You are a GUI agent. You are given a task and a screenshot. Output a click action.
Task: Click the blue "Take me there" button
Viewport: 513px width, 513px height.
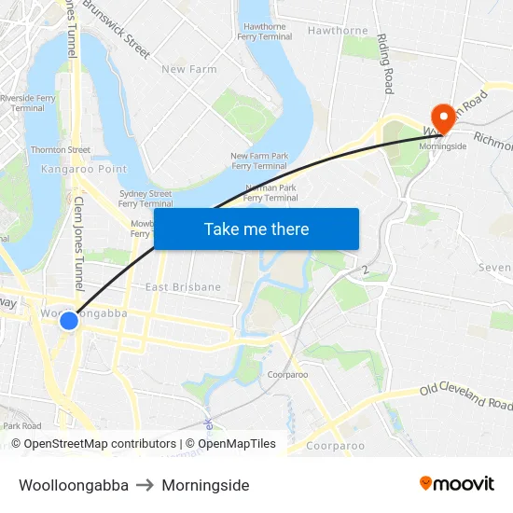coord(256,229)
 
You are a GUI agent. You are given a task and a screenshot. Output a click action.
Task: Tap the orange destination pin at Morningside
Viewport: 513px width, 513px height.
coord(444,118)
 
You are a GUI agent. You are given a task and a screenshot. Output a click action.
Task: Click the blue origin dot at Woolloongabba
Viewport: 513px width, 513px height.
coord(69,321)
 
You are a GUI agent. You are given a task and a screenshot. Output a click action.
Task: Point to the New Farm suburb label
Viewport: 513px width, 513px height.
coord(189,69)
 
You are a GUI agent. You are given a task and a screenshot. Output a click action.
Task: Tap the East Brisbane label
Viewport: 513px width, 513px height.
coord(183,287)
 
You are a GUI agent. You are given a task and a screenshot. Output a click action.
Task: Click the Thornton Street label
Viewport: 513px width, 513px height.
coord(61,149)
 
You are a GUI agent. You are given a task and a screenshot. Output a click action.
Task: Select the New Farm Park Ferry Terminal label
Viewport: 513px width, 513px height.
coord(259,160)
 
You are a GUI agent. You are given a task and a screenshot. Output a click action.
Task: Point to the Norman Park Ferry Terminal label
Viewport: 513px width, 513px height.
coord(271,193)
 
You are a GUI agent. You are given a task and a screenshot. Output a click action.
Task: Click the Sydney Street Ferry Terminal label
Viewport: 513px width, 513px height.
coord(146,198)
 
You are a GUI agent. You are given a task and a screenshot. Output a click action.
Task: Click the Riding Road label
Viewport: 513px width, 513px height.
coord(384,63)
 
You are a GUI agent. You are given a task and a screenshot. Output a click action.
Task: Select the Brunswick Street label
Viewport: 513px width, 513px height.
coord(117,29)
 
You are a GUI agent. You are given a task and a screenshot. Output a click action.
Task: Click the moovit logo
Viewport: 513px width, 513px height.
coord(457,484)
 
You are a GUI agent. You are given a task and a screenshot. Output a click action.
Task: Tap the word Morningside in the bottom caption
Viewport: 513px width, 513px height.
coord(205,485)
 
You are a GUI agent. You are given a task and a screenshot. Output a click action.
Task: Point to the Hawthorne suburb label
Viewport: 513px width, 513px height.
coord(338,31)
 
